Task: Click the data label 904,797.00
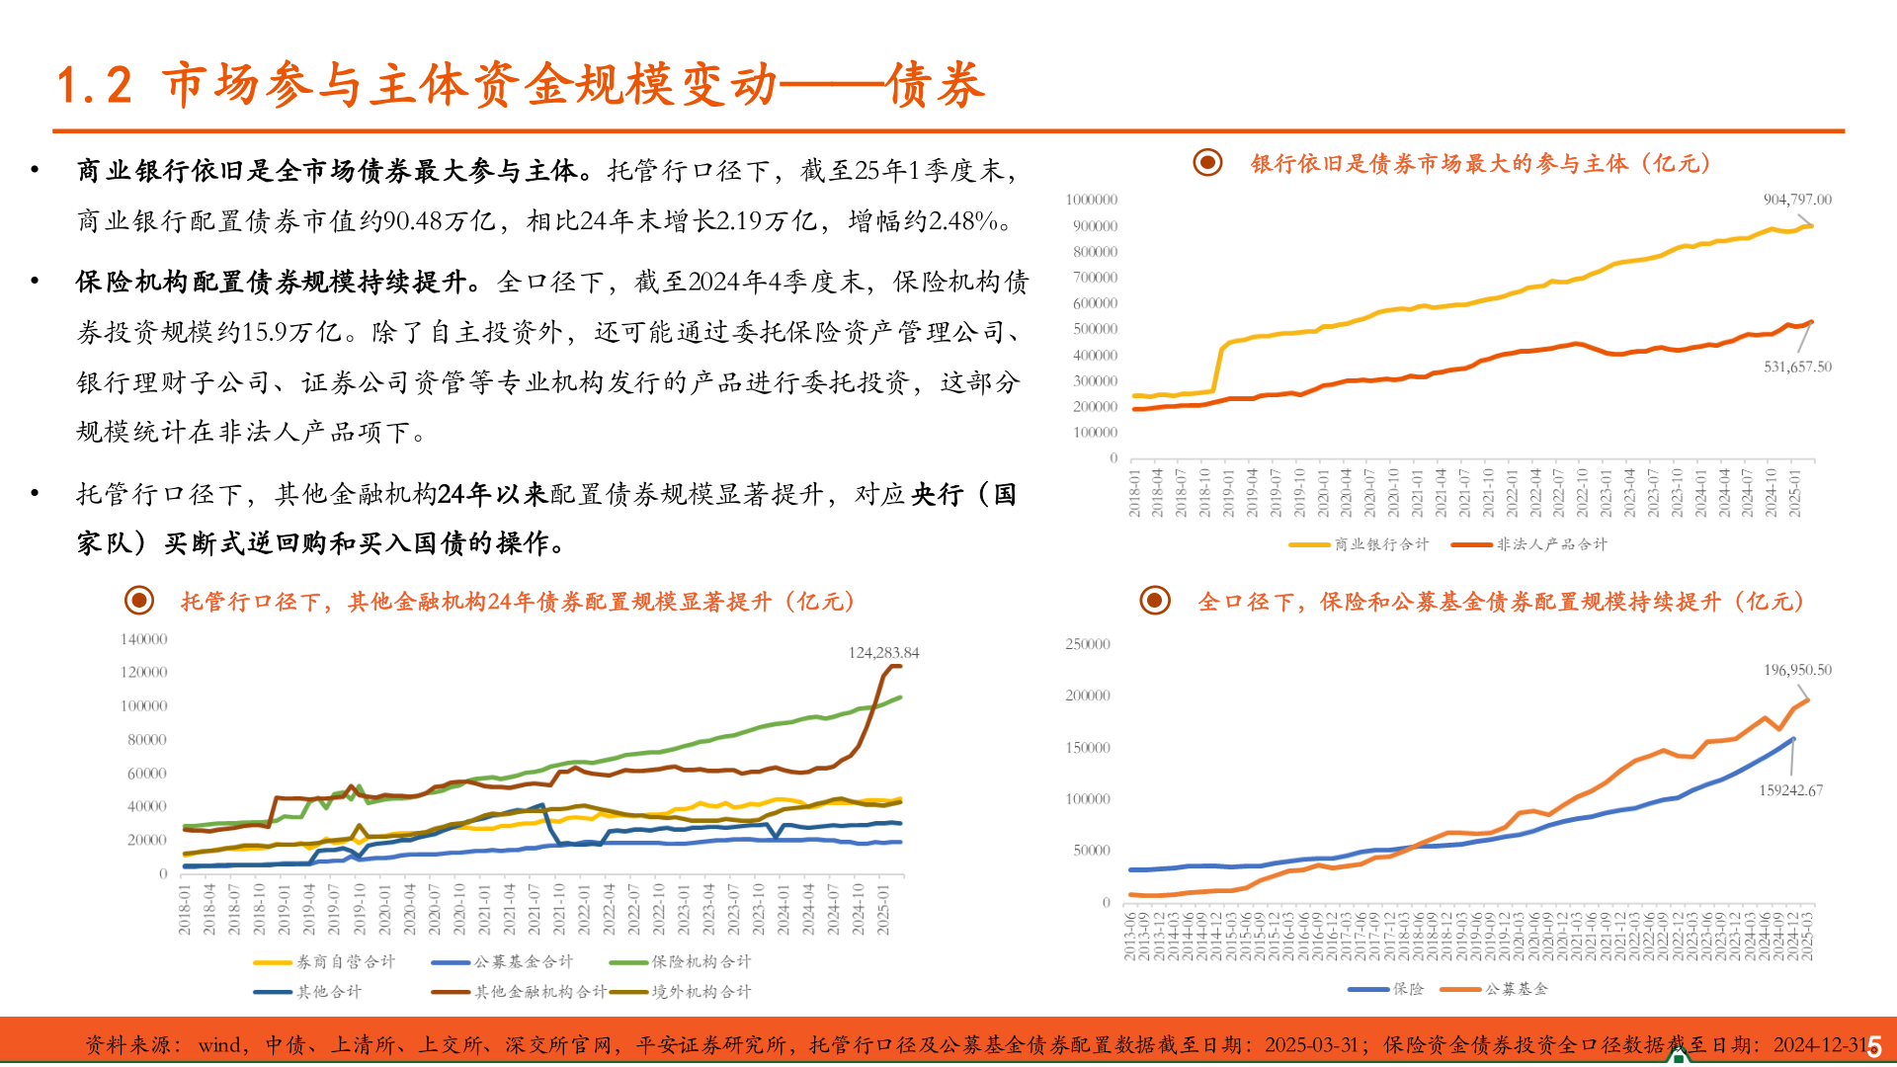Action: coord(1796,200)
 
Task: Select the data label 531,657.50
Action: coord(1796,367)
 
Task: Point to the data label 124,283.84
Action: coord(883,653)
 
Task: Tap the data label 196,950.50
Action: coord(1797,670)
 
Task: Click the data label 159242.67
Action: coord(1790,790)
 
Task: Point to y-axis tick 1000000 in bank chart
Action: coord(1091,200)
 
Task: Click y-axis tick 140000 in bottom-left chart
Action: coord(143,639)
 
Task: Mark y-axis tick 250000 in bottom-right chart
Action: coord(1087,644)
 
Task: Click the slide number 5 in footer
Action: coord(1874,1046)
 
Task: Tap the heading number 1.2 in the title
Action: coord(95,85)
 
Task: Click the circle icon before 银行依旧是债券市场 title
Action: coord(1207,163)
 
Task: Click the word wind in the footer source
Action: coord(219,1045)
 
